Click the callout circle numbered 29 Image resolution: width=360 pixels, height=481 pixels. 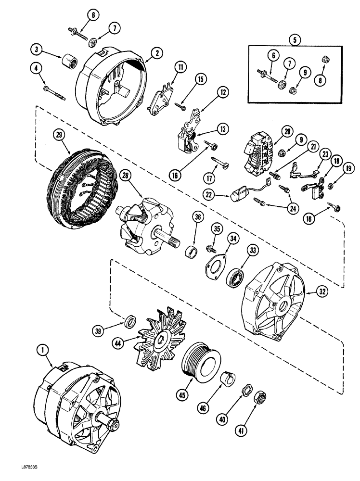(60, 136)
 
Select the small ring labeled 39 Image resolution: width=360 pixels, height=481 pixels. (129, 321)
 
